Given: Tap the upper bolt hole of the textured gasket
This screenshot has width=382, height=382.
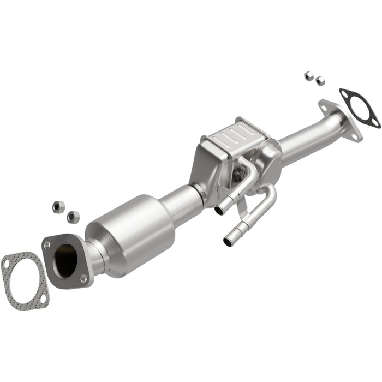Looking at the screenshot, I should click(x=7, y=263).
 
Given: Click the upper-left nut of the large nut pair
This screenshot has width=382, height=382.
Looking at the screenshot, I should click(x=58, y=206).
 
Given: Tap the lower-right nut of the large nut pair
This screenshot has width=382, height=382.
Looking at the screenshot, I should click(x=73, y=217).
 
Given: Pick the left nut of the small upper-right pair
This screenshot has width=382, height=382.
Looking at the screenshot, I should click(x=309, y=75).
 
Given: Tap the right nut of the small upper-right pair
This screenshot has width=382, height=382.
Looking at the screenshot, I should click(x=320, y=80).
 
